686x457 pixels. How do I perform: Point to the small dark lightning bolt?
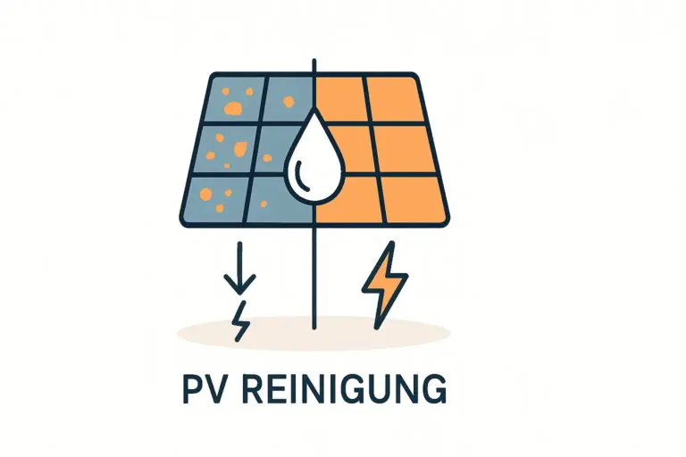point(240,320)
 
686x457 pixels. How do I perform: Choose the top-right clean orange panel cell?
point(389,97)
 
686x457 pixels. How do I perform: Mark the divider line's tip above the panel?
point(314,62)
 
